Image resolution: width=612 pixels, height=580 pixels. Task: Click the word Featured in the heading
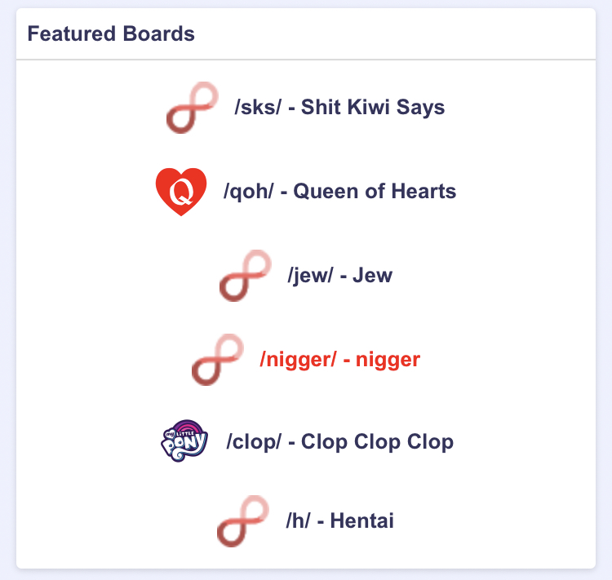pyautogui.click(x=72, y=33)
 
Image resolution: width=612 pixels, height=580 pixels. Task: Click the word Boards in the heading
pyautogui.click(x=158, y=33)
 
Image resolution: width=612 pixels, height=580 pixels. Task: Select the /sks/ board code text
pyautogui.click(x=258, y=107)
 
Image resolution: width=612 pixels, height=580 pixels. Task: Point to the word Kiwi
pyautogui.click(x=369, y=107)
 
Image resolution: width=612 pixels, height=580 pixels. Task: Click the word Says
pyautogui.click(x=420, y=108)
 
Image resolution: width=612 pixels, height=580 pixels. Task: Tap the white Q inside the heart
pyautogui.click(x=181, y=192)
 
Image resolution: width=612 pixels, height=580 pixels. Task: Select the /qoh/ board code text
pyautogui.click(x=249, y=192)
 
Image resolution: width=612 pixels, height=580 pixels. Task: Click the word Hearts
pyautogui.click(x=424, y=191)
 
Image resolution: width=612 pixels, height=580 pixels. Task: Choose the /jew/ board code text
pyautogui.click(x=310, y=276)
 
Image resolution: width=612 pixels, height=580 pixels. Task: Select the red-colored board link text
pyautogui.click(x=340, y=360)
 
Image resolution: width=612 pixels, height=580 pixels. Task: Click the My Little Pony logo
pyautogui.click(x=184, y=441)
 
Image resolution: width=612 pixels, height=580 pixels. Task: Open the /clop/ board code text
pyautogui.click(x=254, y=442)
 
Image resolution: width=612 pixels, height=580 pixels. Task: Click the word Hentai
pyautogui.click(x=361, y=520)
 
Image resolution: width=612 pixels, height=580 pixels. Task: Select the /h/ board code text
pyautogui.click(x=298, y=520)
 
